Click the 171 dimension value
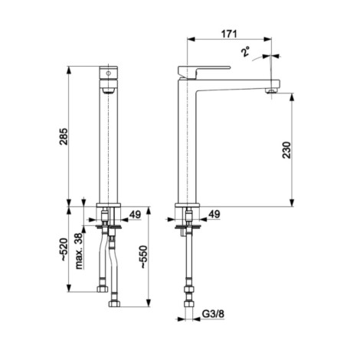tap(229, 34)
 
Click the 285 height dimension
tap(64, 136)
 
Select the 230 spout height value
tap(286, 150)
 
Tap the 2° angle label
tap(245, 51)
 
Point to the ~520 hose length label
tap(64, 250)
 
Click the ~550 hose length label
tap(143, 257)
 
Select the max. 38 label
tap(80, 251)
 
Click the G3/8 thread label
tap(213, 314)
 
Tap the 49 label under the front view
tap(135, 214)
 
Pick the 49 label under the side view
tap(214, 214)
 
